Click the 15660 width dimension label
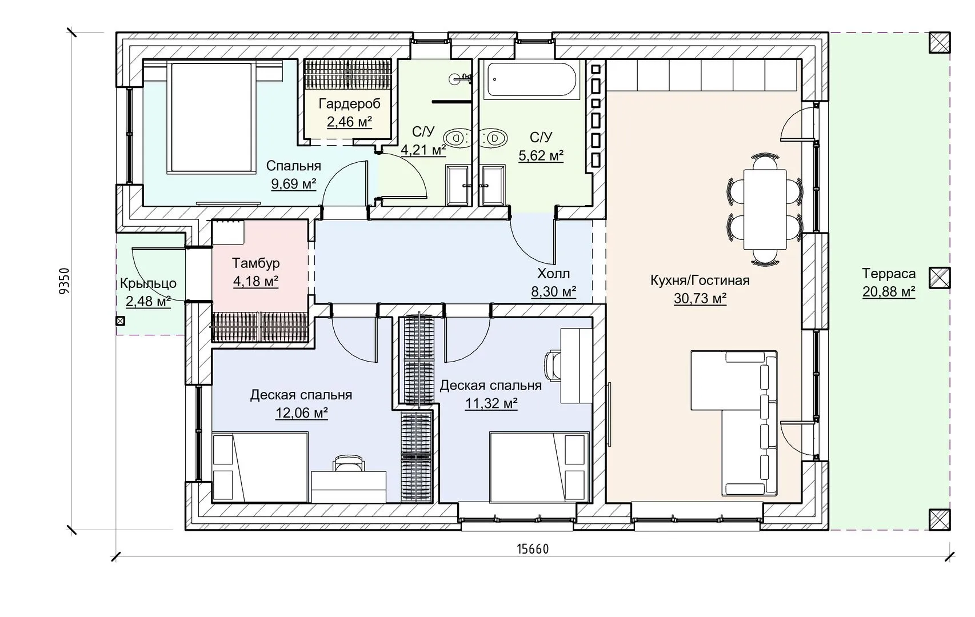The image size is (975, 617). pos(533,549)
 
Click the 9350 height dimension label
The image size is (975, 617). pos(64,281)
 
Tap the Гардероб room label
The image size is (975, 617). pos(350,103)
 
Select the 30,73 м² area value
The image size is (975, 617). pos(700,298)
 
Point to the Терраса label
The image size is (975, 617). pos(889,274)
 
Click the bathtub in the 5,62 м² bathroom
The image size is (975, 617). pos(532,79)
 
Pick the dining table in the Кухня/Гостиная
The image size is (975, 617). pos(765,209)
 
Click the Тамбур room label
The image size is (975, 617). pos(255,263)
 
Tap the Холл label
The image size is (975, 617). pos(553,274)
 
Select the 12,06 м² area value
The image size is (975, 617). pos(301,412)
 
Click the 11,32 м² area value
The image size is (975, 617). pos(491,403)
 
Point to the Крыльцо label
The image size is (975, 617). pos(148,284)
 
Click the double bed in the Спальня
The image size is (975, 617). pos(211,117)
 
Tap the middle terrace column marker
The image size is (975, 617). pos(940,278)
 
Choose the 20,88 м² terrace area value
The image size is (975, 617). pos(889,291)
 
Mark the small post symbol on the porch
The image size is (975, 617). pos(121,321)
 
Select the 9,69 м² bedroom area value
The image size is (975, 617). pos(293,184)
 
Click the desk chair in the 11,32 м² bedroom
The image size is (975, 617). pos(552,366)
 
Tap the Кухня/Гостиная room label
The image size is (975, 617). pos(700,281)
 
